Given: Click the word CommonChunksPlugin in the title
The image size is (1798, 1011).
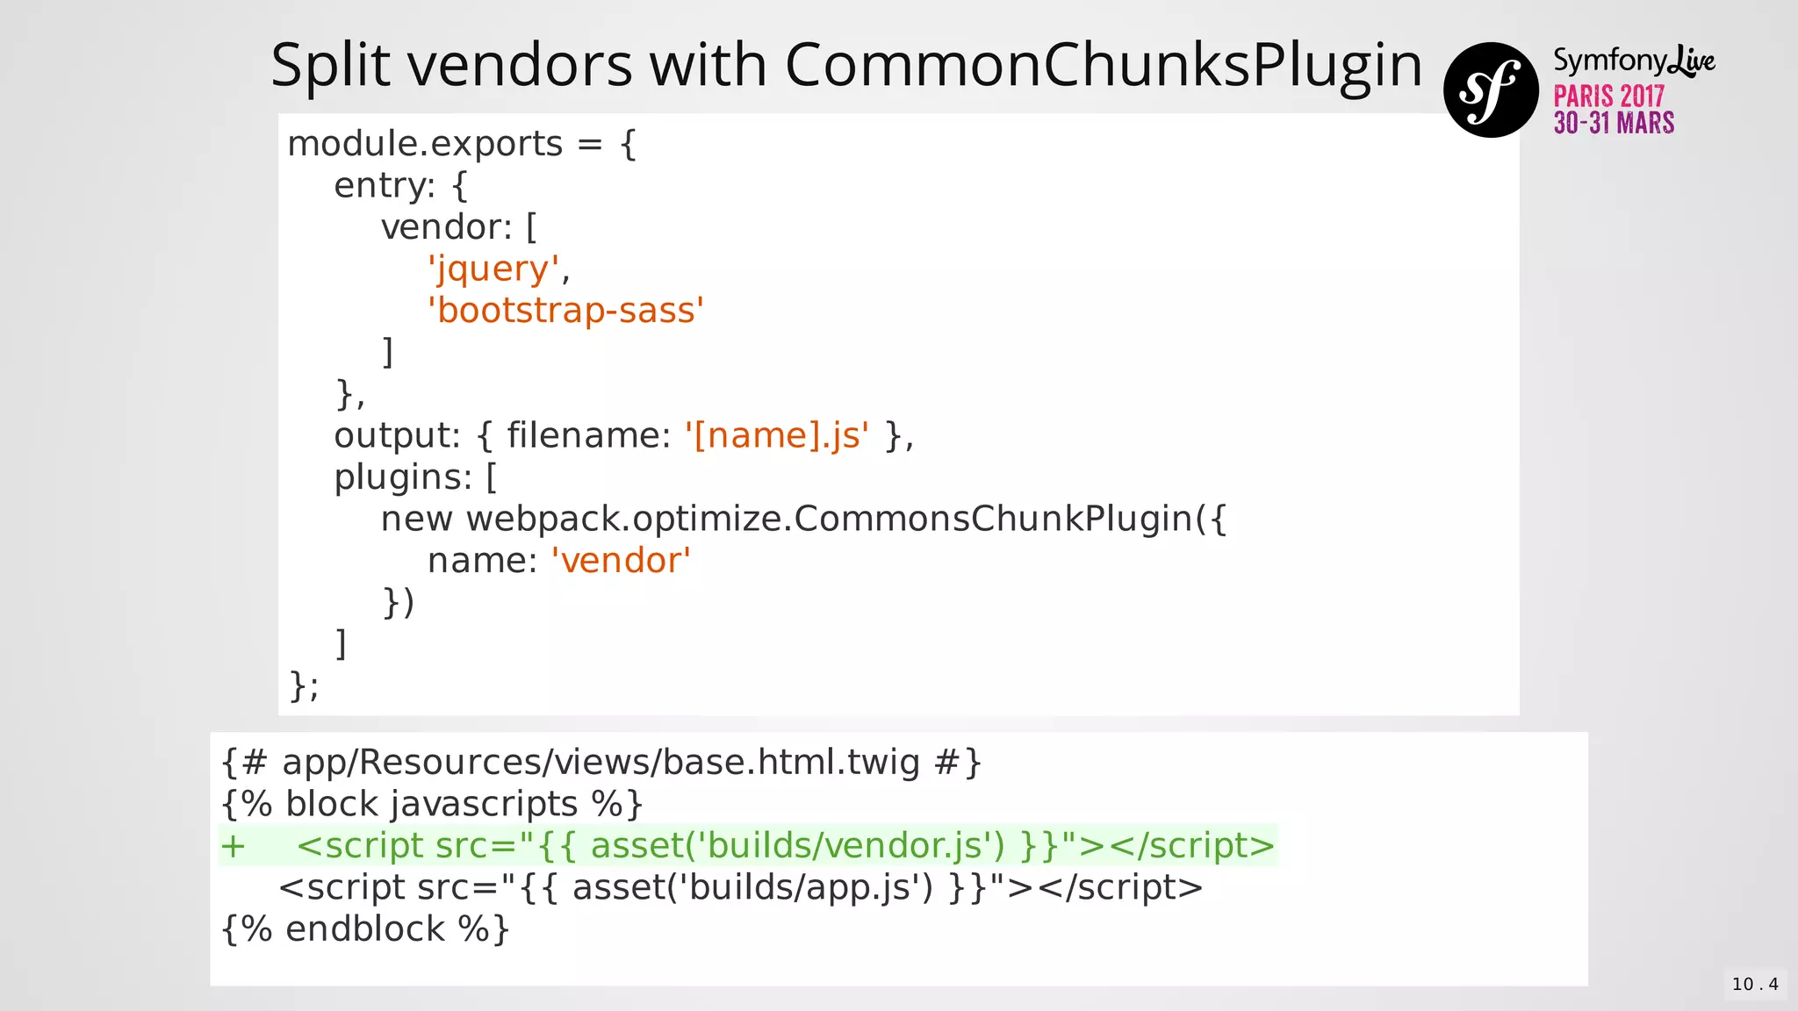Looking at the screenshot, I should [1103, 65].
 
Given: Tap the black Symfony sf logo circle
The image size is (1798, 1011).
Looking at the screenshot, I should [1491, 90].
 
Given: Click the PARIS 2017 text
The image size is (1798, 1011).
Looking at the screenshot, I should [1608, 96].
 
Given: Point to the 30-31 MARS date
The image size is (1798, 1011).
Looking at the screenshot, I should [1614, 123].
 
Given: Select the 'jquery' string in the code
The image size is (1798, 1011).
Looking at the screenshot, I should [493, 269].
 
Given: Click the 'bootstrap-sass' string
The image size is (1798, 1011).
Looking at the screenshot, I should [565, 311].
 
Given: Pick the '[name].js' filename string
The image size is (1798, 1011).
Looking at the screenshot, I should [777, 435].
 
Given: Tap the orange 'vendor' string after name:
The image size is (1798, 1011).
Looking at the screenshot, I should [621, 561].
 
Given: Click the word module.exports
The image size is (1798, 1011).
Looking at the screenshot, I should [425, 144].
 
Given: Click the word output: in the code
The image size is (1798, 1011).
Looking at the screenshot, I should [397, 435].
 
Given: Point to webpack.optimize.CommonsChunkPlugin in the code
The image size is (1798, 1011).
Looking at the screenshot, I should [829, 519].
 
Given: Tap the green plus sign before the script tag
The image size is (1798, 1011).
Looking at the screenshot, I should [233, 846].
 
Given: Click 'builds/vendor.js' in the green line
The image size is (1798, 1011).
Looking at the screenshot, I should [850, 846].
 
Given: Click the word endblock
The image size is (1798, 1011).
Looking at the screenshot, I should [364, 929].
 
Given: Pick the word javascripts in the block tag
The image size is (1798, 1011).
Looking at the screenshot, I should [484, 805].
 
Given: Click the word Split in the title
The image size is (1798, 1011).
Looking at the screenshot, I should [329, 65].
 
